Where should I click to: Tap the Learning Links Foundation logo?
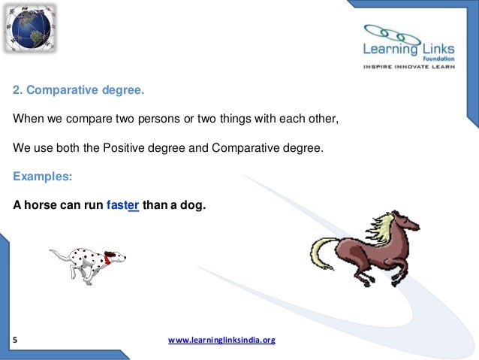point(404,44)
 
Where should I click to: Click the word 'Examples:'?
point(43,177)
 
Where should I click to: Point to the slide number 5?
point(16,340)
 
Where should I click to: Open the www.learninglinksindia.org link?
point(221,340)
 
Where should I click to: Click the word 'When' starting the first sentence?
point(27,120)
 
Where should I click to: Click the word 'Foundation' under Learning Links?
point(441,63)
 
